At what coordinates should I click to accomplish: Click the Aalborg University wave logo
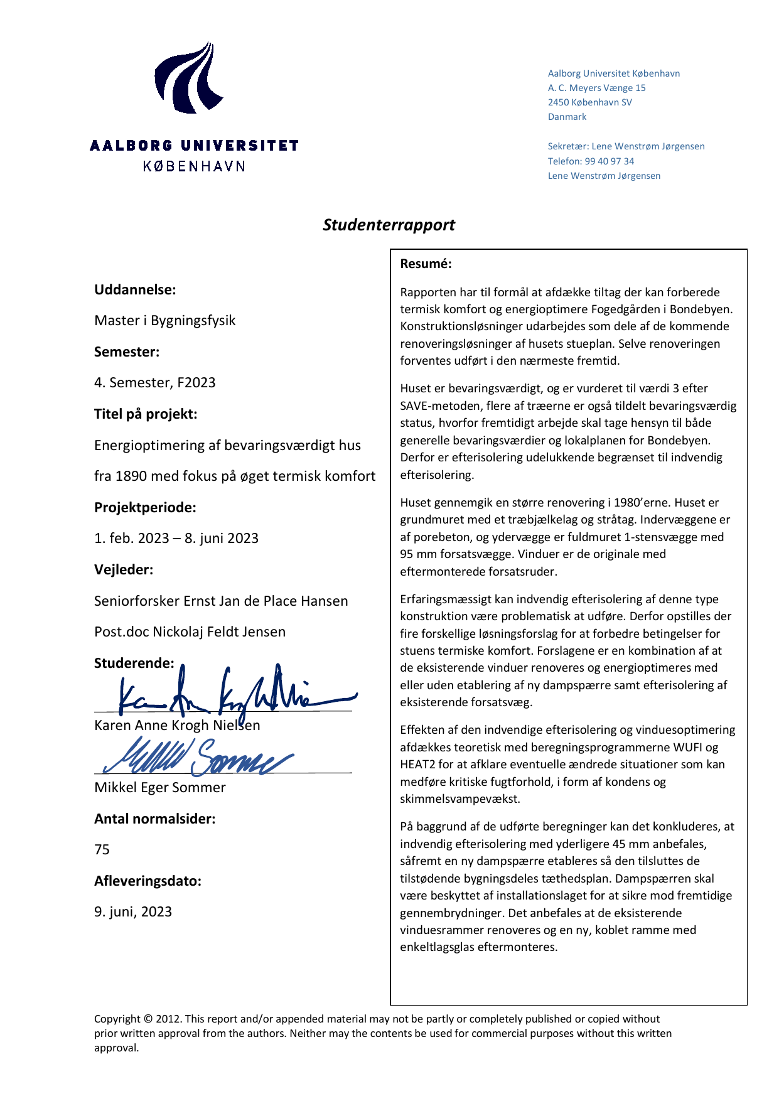pos(188,78)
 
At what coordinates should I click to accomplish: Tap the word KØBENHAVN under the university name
pos(194,166)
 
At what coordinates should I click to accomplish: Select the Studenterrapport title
pos(389,225)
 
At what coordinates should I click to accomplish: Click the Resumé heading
pos(426,264)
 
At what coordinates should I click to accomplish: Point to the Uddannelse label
pos(134,289)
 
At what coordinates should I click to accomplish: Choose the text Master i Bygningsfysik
pos(164,320)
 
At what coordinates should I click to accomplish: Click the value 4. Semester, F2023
pos(154,382)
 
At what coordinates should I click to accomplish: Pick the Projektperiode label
pos(144,507)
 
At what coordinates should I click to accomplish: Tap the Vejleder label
pos(123,569)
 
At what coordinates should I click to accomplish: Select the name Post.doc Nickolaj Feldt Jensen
pos(190,631)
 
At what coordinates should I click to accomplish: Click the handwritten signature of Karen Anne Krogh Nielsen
pos(232,694)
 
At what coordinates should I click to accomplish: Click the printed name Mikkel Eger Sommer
pos(159,787)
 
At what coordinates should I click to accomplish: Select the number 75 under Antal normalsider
pos(102,849)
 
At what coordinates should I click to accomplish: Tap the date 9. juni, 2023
pos(132,911)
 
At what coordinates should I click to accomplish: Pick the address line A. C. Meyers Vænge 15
pos(596,88)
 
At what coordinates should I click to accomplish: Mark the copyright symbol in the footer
pos(148,1019)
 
